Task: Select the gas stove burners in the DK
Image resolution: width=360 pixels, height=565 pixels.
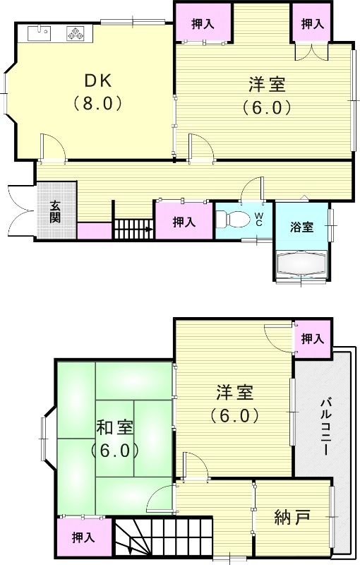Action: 74,32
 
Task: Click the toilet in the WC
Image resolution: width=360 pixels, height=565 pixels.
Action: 232,220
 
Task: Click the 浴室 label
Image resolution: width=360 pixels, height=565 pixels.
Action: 301,227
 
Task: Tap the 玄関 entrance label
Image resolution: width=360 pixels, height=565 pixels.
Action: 55,210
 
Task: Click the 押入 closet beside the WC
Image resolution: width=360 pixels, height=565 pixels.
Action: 184,222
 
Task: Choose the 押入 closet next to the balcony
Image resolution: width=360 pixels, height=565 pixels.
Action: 312,339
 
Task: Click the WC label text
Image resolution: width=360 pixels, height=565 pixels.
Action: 259,218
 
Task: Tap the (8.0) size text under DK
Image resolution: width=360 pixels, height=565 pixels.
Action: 98,103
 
